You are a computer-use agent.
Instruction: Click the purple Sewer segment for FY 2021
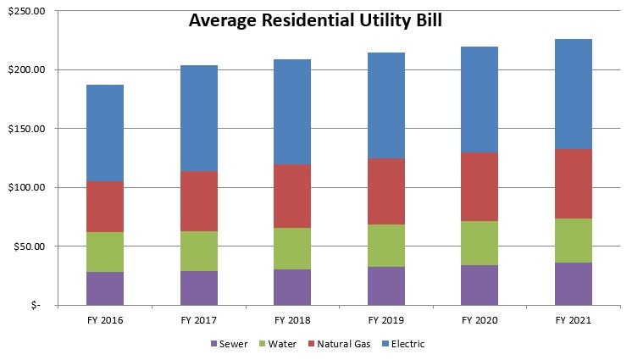pos(574,284)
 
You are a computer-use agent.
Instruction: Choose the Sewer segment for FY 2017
pos(198,288)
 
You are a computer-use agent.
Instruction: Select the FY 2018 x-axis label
pos(292,320)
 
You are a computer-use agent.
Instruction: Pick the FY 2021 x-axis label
pos(574,320)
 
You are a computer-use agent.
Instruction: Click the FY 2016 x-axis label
pos(104,320)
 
